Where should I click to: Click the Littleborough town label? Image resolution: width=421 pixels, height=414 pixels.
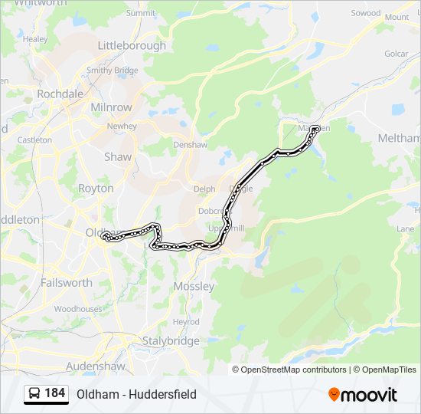click(x=132, y=45)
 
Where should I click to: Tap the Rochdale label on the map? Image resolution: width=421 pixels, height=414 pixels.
click(x=60, y=94)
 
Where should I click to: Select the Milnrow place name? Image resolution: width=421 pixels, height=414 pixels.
click(x=111, y=107)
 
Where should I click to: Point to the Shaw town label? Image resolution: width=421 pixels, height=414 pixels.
click(x=118, y=156)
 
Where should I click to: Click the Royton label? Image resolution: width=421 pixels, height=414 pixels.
click(x=96, y=188)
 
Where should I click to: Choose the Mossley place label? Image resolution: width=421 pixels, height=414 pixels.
click(x=194, y=286)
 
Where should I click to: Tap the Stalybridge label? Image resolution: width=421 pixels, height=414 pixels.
click(x=171, y=340)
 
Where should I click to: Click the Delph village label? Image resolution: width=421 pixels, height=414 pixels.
click(x=204, y=189)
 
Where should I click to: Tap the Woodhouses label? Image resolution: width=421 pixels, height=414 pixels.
click(x=77, y=309)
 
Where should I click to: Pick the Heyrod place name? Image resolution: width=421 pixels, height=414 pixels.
click(x=186, y=322)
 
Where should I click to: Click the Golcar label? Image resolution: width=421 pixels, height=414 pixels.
click(x=397, y=54)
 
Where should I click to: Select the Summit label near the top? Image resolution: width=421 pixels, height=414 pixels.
click(x=140, y=13)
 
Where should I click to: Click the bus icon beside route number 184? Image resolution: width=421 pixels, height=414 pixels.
click(x=34, y=393)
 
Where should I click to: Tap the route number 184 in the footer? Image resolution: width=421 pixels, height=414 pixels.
click(x=55, y=393)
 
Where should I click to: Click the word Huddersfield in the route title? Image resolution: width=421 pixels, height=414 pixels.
click(x=162, y=394)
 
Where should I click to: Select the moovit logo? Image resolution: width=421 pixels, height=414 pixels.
click(x=363, y=394)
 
